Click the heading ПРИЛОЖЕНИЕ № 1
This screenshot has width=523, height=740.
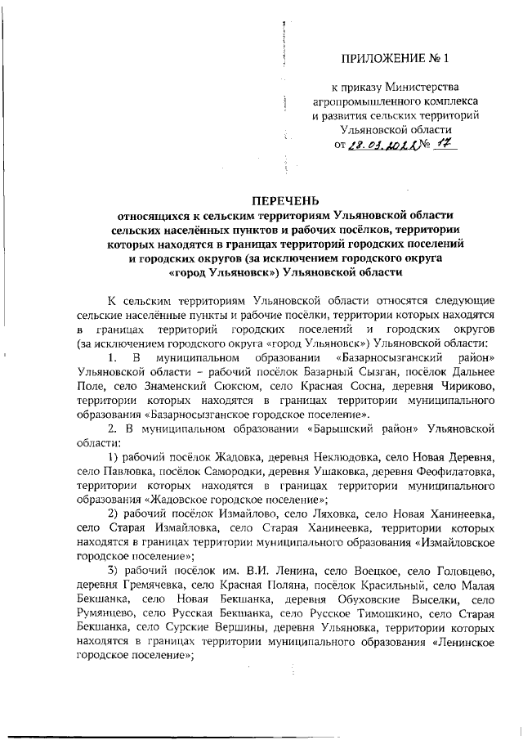(395, 58)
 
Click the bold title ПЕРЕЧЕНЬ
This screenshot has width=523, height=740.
(285, 201)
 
